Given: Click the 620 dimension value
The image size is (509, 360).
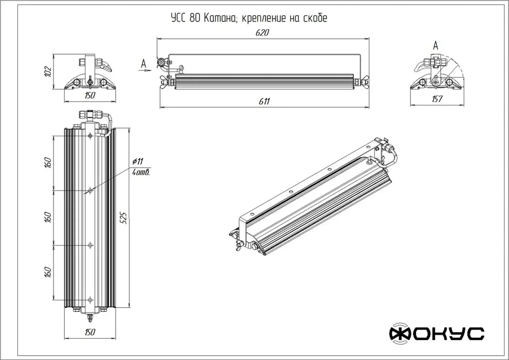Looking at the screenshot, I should coord(262,33).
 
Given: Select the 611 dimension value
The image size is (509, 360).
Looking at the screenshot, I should coord(264,102).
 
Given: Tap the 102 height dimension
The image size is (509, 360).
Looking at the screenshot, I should coord(48,72).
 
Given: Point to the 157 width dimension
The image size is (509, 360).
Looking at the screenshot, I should coord(437,99).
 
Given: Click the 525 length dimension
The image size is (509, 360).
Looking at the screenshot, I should coord(124,218).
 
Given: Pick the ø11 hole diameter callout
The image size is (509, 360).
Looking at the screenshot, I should coord(138,161).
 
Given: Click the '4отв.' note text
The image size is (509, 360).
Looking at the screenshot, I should coord(141,172).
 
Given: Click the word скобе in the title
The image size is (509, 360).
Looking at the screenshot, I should coord(315,18).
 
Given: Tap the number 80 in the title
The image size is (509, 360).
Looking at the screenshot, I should coord(194,18).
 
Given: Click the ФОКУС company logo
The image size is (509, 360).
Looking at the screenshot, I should coord(437,334).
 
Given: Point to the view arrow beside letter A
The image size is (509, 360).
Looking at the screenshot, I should coord(145,70).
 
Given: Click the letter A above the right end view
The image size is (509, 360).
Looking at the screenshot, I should coord(435,46).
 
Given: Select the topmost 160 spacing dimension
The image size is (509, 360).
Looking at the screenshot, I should coord(48,163).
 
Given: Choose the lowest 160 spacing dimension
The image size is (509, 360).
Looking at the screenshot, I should coord(48,272).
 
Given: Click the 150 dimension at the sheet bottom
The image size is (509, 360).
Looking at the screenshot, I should coord(90,332).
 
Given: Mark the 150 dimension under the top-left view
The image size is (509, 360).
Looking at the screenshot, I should coord(90,95).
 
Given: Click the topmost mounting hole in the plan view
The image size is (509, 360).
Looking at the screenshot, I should coord(90,136).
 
